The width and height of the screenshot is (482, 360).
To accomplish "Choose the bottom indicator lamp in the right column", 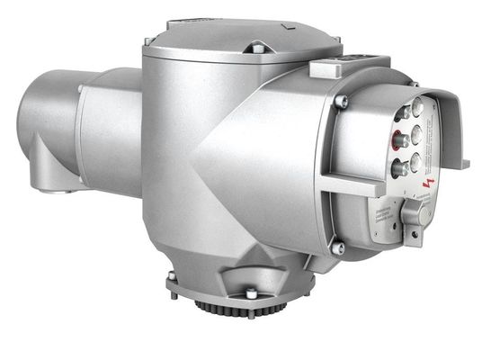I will (415, 160).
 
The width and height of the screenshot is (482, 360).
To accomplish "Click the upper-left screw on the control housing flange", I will (340, 102).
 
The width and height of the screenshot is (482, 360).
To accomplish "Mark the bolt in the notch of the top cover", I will (257, 47).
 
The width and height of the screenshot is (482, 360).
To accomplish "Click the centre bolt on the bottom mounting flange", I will (249, 292).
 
